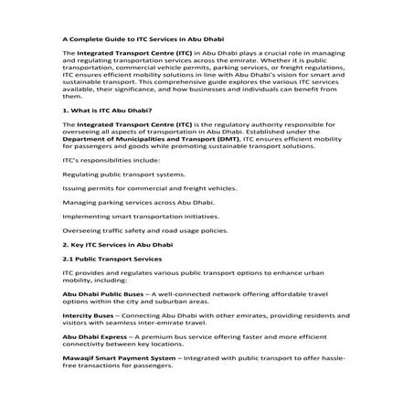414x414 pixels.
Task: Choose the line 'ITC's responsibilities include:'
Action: [x=105, y=159]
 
